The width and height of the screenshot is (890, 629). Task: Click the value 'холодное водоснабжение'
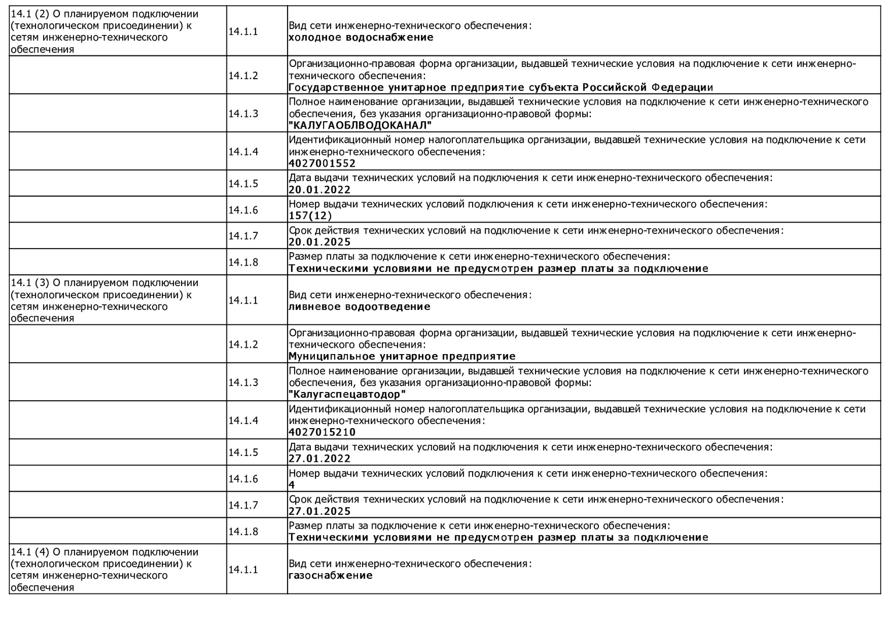click(361, 37)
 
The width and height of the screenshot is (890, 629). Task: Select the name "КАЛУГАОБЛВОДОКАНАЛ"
click(360, 125)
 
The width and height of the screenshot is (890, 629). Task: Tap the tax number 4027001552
click(322, 163)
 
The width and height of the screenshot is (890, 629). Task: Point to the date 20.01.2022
click(320, 189)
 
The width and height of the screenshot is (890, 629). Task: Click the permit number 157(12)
click(310, 215)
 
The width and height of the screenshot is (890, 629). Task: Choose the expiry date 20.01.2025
click(320, 242)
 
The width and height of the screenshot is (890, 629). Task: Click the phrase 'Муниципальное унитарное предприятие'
click(402, 356)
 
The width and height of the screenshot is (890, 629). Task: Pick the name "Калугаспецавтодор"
click(347, 394)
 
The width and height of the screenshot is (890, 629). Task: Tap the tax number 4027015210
click(322, 432)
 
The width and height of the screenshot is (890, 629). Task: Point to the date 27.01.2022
click(320, 458)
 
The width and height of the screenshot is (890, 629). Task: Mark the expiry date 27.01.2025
click(320, 511)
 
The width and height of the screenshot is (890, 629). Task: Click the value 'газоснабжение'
click(331, 575)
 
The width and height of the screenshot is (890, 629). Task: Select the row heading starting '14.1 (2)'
click(105, 31)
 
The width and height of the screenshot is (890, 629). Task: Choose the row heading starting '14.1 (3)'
click(105, 300)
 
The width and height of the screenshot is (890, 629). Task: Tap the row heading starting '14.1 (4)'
click(105, 569)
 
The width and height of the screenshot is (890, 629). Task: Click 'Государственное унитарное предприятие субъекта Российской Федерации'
click(501, 87)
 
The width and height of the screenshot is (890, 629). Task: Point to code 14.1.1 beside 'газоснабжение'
click(243, 570)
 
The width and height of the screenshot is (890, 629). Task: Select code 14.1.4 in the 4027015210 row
click(243, 420)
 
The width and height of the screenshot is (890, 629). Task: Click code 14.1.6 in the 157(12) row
click(243, 210)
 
